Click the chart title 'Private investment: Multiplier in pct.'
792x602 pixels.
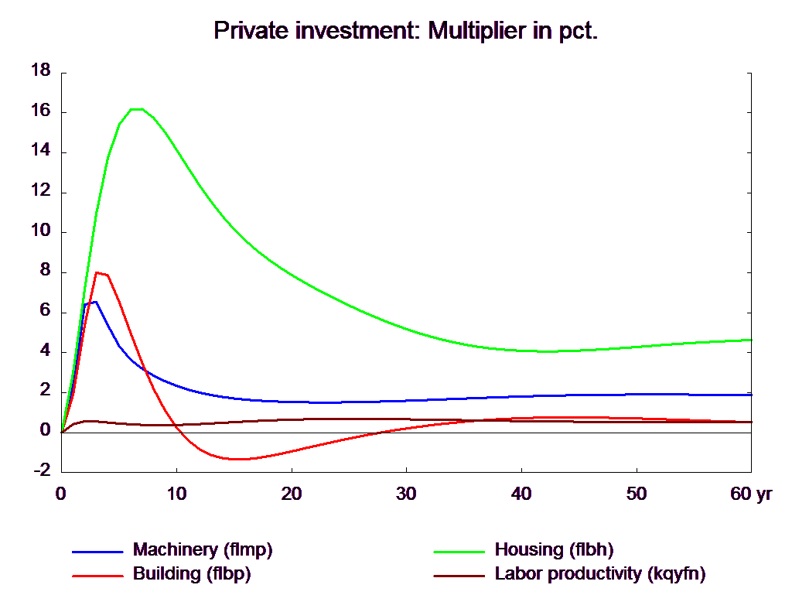coord(405,31)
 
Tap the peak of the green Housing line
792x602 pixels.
coord(136,108)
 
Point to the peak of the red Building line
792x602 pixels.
coord(97,273)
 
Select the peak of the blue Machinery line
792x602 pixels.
coord(95,302)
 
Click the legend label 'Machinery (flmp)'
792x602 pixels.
coord(203,549)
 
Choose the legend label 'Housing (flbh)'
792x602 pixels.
coord(554,549)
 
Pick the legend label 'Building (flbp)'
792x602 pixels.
coord(192,573)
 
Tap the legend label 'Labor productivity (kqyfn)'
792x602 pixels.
coord(600,573)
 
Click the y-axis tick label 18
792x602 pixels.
coord(41,70)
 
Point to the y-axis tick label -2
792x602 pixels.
coord(43,470)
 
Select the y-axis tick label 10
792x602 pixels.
coord(41,231)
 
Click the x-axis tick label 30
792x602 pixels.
coord(406,494)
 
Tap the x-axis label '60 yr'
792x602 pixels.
coord(751,494)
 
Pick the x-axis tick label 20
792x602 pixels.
coord(292,494)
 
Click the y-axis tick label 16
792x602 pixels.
coord(41,111)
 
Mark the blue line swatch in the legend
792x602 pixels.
coord(97,552)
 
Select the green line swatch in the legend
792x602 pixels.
coord(459,552)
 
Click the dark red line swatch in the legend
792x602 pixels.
coord(459,576)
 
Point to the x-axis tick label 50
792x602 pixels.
coord(637,494)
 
